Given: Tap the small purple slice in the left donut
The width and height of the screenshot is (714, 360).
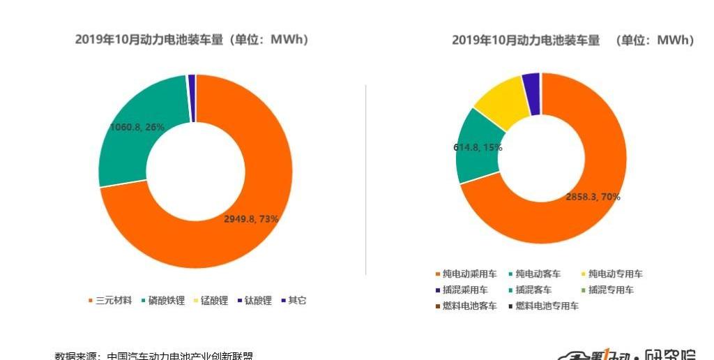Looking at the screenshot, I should point(192,98).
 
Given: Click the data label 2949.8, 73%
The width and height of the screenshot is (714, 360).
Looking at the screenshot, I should point(251,218).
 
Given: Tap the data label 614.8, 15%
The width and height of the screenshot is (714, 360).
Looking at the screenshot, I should point(478,148).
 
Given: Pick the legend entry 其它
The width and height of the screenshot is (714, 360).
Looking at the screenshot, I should point(297,301).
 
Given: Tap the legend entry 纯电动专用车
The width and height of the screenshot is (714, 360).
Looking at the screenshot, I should point(614,274).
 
